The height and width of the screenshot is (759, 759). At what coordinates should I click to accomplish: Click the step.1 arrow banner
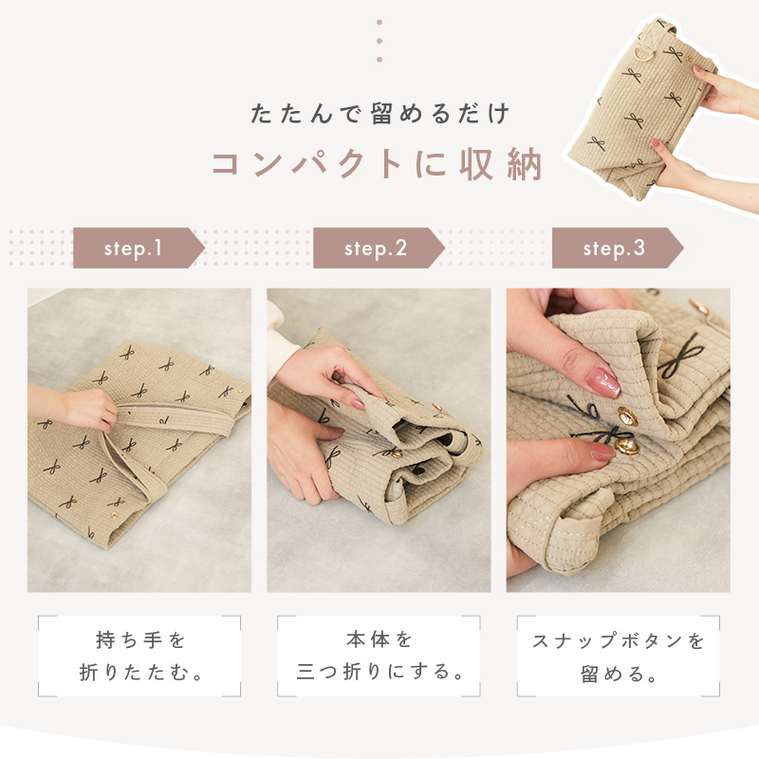pyautogui.click(x=139, y=248)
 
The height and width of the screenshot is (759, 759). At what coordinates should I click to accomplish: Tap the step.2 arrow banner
pyautogui.click(x=379, y=248)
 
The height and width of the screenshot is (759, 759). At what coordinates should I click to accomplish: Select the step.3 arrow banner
pyautogui.click(x=618, y=248)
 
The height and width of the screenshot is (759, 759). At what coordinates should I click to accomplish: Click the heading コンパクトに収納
pyautogui.click(x=377, y=164)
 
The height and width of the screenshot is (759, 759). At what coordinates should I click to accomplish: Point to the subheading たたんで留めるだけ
pyautogui.click(x=380, y=114)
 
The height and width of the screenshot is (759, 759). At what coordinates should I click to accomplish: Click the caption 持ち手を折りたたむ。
pyautogui.click(x=139, y=657)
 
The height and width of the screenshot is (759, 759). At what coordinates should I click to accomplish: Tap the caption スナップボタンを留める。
pyautogui.click(x=619, y=657)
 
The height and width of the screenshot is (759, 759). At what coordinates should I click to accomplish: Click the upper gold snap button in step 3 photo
pyautogui.click(x=627, y=416)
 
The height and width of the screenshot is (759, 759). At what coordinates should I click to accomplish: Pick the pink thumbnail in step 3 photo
pyautogui.click(x=602, y=381)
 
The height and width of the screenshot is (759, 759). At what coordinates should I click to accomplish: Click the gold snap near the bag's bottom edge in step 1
pyautogui.click(x=115, y=514)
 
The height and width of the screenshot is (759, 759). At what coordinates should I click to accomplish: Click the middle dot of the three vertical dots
pyautogui.click(x=379, y=41)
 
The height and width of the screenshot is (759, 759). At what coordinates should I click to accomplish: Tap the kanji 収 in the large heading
pyautogui.click(x=478, y=164)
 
